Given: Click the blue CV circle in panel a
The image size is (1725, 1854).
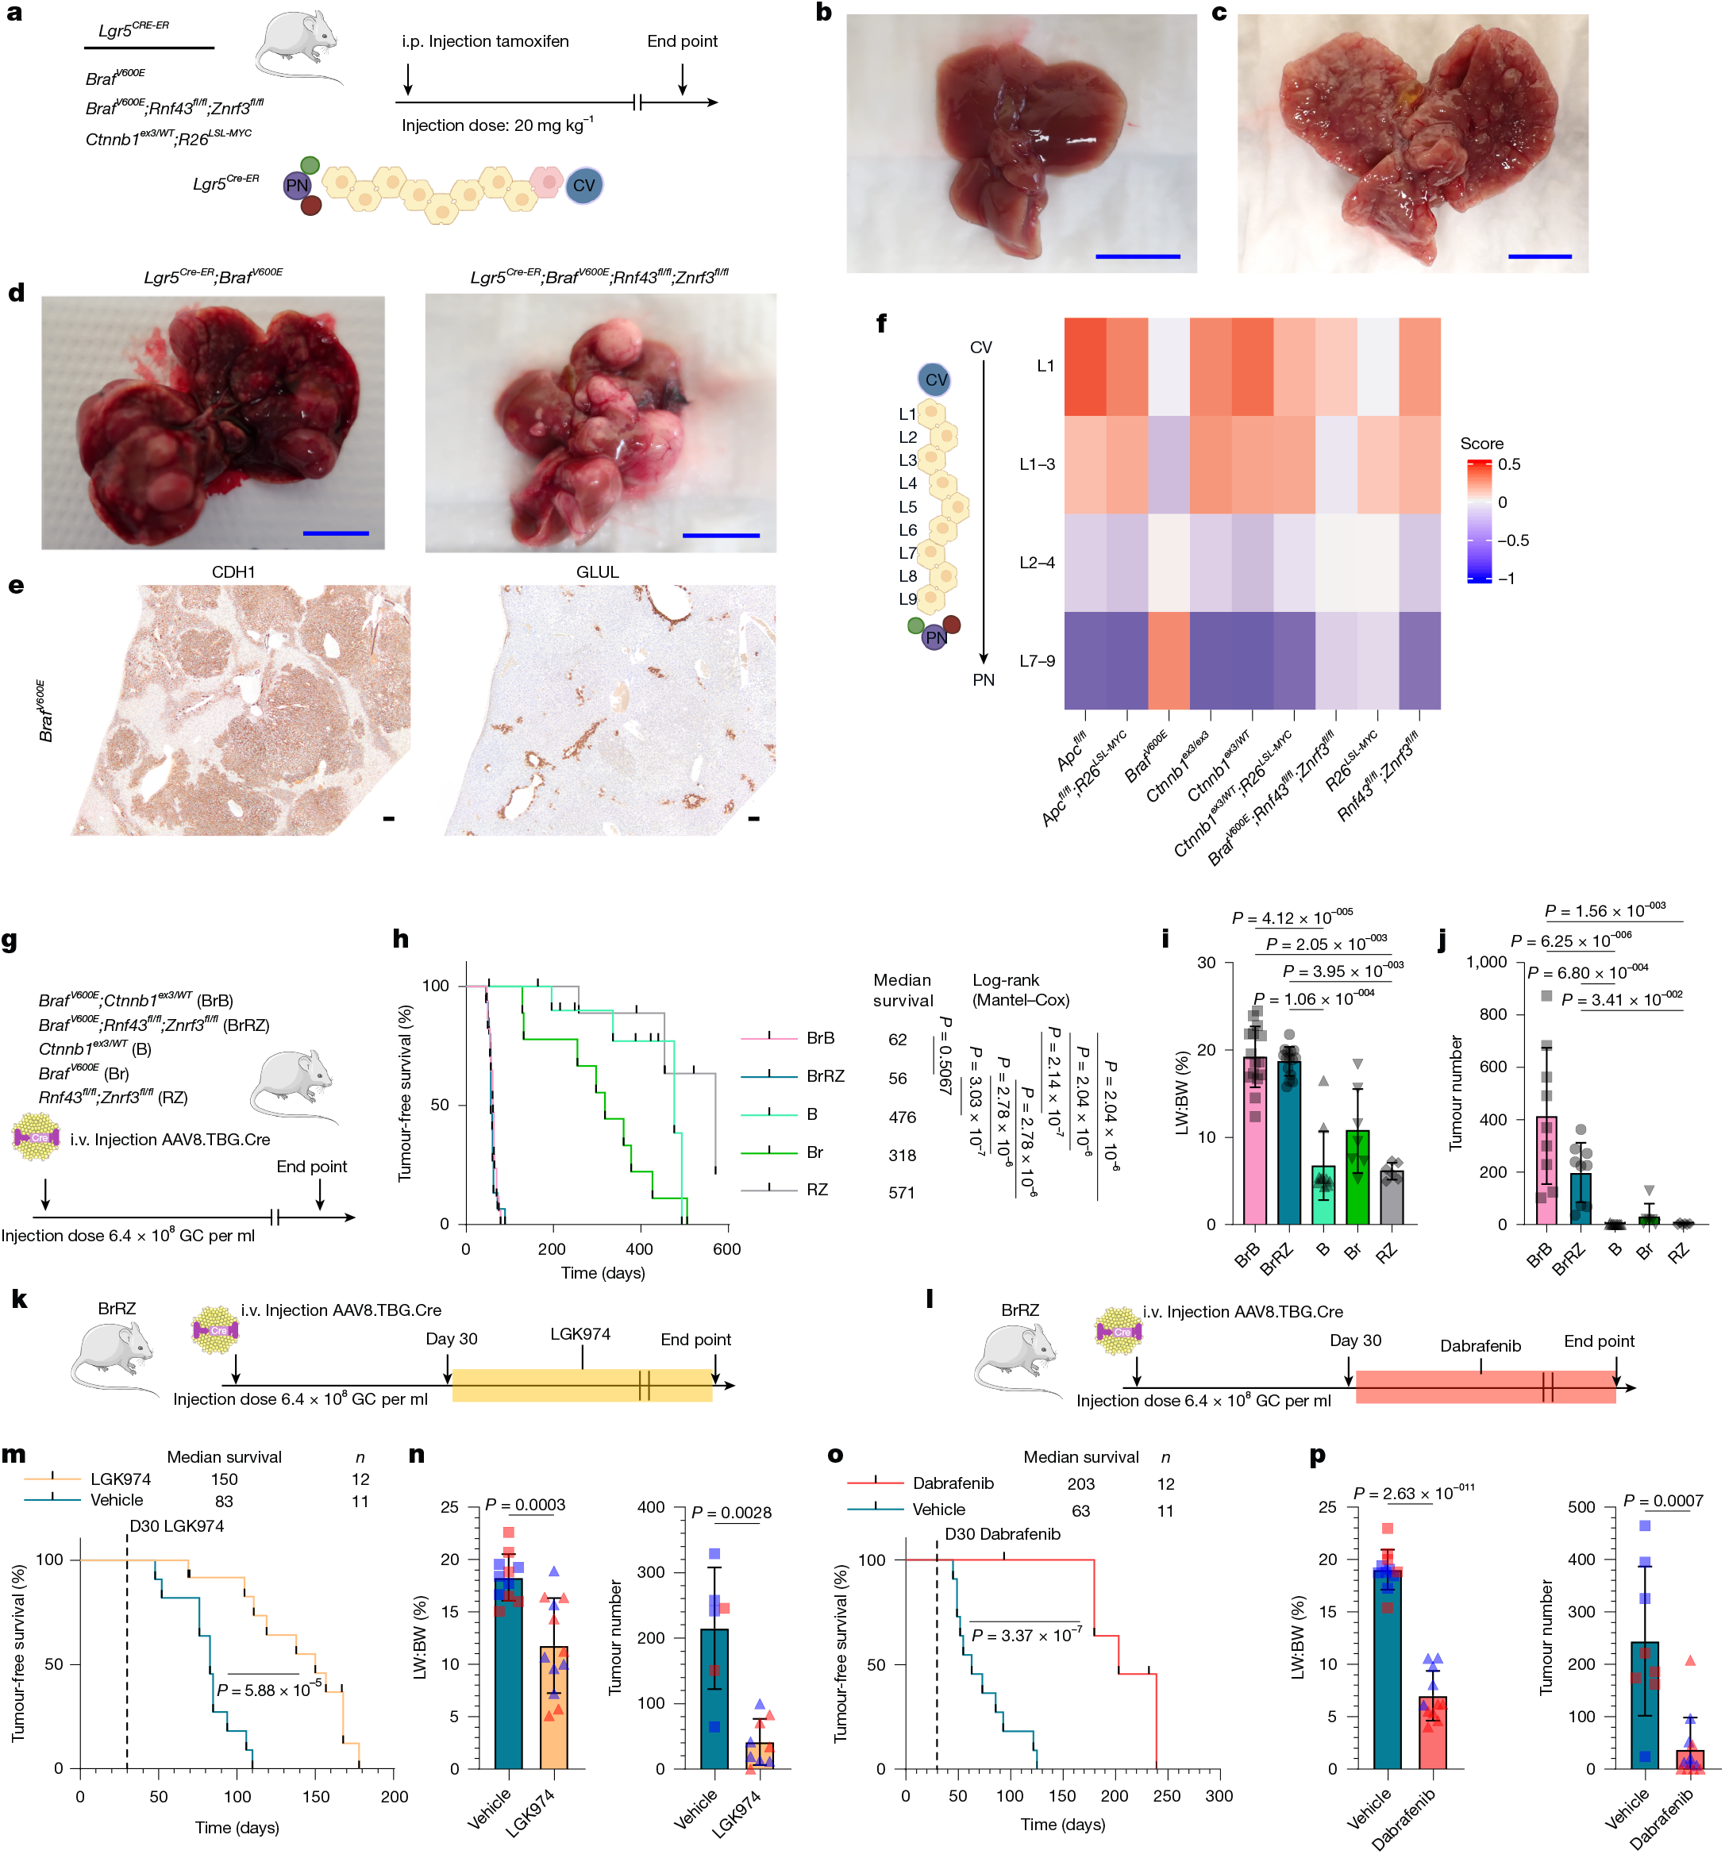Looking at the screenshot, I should (584, 186).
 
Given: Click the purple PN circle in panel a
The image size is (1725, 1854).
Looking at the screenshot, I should (297, 186).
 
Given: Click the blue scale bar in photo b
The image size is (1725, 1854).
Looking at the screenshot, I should (1138, 256).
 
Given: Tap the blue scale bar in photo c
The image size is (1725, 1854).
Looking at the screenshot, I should (1539, 256).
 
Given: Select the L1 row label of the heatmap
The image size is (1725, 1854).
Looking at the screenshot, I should (1045, 366).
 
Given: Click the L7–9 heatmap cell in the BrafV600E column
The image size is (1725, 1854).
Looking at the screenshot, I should (1168, 660).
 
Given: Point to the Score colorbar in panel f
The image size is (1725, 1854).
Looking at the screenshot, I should (1479, 521).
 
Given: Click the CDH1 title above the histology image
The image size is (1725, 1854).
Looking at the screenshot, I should (233, 571).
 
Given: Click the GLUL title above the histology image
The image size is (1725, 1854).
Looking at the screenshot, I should (597, 571).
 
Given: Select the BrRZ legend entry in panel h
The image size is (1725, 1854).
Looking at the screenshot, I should (825, 1075).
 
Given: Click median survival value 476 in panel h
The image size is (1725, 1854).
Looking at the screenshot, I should (901, 1117).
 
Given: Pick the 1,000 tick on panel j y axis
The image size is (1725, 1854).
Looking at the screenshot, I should (1486, 961).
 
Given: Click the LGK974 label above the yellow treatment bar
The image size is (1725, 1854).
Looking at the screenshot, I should (579, 1333).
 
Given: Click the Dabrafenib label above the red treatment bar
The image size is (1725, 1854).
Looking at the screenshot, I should (1480, 1346).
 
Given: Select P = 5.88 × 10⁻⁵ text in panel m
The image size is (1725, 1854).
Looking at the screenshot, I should (268, 1690).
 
